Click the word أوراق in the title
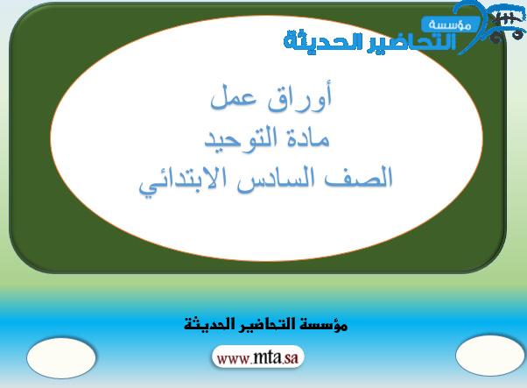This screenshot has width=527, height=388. (300, 96)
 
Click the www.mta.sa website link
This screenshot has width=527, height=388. (257, 357)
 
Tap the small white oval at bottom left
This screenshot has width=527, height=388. (61, 358)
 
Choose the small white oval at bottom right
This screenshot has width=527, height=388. (490, 356)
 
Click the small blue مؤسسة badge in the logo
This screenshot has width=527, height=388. (450, 25)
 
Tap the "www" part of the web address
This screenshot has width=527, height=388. (233, 358)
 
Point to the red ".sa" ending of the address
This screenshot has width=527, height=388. (290, 358)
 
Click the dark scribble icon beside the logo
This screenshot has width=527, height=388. (506, 23)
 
